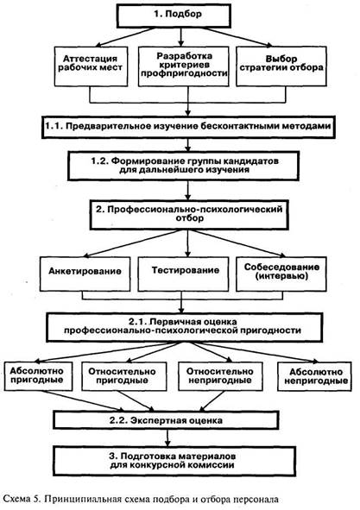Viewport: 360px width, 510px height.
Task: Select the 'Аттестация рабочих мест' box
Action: (91, 66)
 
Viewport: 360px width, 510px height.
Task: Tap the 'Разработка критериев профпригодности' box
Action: (184, 66)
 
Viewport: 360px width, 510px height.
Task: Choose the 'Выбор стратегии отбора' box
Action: (281, 66)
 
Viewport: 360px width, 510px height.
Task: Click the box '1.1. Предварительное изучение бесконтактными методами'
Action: (188, 127)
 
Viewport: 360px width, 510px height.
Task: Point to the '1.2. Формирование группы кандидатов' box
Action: (183, 166)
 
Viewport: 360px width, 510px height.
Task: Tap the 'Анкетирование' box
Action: (85, 274)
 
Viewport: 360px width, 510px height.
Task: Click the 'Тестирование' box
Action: (183, 274)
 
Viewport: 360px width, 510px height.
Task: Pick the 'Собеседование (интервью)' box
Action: (281, 274)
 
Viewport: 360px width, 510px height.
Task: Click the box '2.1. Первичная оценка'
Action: (185, 327)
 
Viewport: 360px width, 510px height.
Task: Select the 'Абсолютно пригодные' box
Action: (38, 376)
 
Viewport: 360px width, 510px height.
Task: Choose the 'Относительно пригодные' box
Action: (124, 376)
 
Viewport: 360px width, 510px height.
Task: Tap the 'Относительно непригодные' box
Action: (220, 376)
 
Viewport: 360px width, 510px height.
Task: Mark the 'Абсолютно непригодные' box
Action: (314, 376)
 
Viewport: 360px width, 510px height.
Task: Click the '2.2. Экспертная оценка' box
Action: (166, 420)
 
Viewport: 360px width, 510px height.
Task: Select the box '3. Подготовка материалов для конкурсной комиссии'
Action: (174, 461)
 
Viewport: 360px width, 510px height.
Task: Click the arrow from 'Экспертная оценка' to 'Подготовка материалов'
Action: (167, 438)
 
